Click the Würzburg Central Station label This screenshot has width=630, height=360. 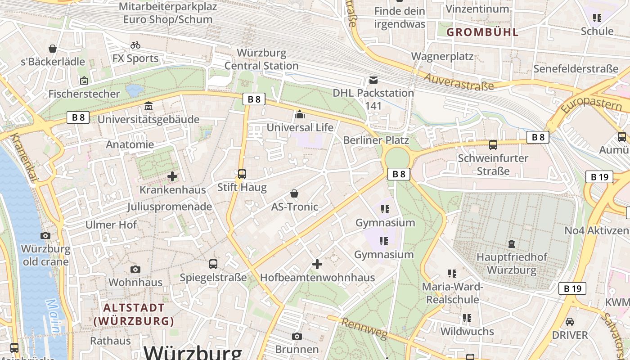click(261, 59)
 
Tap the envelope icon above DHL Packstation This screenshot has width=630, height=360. click(373, 80)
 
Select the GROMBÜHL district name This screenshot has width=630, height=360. click(482, 32)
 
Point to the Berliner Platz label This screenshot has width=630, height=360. click(376, 140)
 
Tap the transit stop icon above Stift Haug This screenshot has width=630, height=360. click(242, 174)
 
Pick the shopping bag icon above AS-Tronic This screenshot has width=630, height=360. click(294, 193)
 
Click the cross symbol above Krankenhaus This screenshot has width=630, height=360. click(172, 176)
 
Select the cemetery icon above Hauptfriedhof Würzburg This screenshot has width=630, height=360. click(512, 244)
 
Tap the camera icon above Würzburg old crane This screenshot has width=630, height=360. click(45, 235)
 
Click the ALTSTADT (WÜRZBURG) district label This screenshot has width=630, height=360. click(134, 314)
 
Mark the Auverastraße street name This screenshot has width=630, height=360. click(459, 81)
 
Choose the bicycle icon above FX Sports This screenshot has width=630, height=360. click(135, 45)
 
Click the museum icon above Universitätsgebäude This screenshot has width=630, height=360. click(148, 107)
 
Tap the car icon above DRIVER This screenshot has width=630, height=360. click(570, 322)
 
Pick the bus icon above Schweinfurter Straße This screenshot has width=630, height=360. click(493, 145)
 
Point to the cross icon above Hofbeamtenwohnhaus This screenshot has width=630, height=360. click(317, 264)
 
